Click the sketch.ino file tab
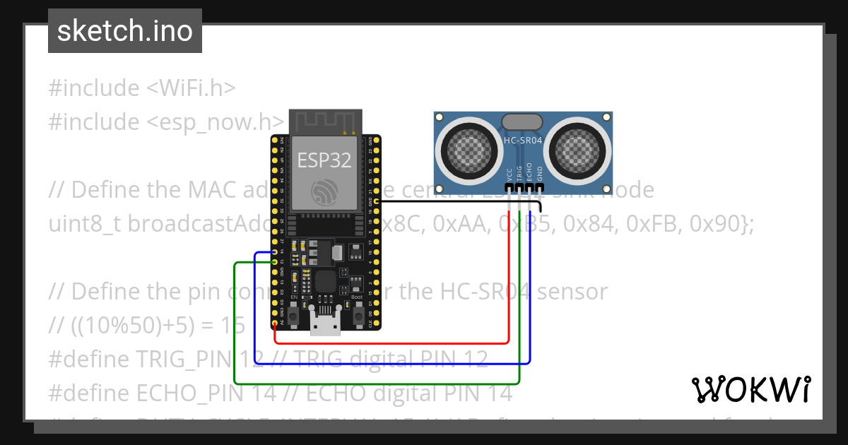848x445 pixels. [124, 31]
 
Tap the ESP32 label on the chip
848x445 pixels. [324, 160]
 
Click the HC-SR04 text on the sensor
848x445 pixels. [523, 141]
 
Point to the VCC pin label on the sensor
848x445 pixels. [510, 174]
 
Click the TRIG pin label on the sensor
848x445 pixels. [519, 174]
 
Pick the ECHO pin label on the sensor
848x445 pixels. [529, 174]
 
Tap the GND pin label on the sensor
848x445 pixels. [540, 174]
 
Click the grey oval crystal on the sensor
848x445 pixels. [523, 122]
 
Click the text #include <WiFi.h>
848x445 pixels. [142, 88]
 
